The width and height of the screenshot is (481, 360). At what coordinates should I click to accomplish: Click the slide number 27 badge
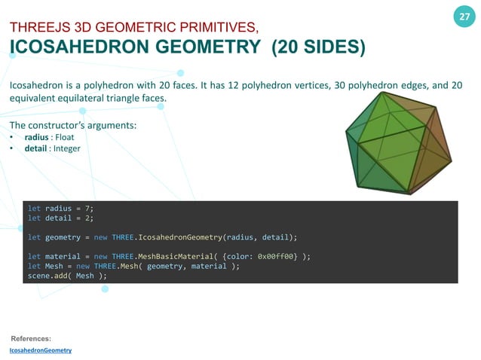[464, 17]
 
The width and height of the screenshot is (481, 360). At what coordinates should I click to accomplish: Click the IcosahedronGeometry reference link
[40, 351]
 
